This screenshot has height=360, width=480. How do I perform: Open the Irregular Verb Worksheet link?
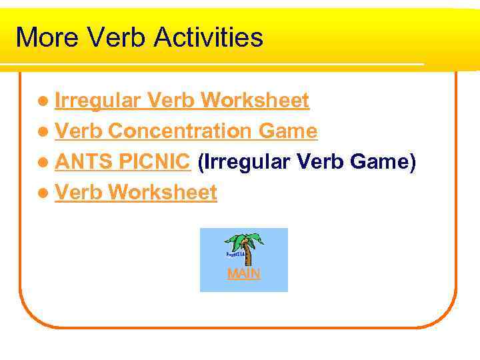point(181,101)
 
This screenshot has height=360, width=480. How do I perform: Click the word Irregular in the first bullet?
point(97,101)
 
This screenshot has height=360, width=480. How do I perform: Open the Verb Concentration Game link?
point(186,131)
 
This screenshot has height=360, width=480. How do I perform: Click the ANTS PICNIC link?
point(124,162)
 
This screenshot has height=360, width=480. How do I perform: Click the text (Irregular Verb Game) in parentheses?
point(307,162)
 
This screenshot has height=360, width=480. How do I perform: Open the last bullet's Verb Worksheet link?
point(136,193)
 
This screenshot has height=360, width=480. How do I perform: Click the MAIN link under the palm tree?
point(243,274)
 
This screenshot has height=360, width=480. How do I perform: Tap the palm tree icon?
point(243,249)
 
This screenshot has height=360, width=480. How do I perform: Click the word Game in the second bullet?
point(287,131)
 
